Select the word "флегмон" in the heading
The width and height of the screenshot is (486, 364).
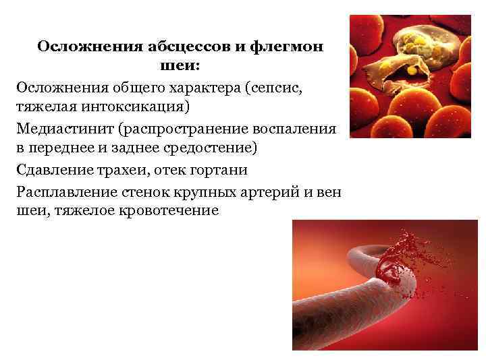[x=288, y=47]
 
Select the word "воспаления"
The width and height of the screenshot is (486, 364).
[x=298, y=128]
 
